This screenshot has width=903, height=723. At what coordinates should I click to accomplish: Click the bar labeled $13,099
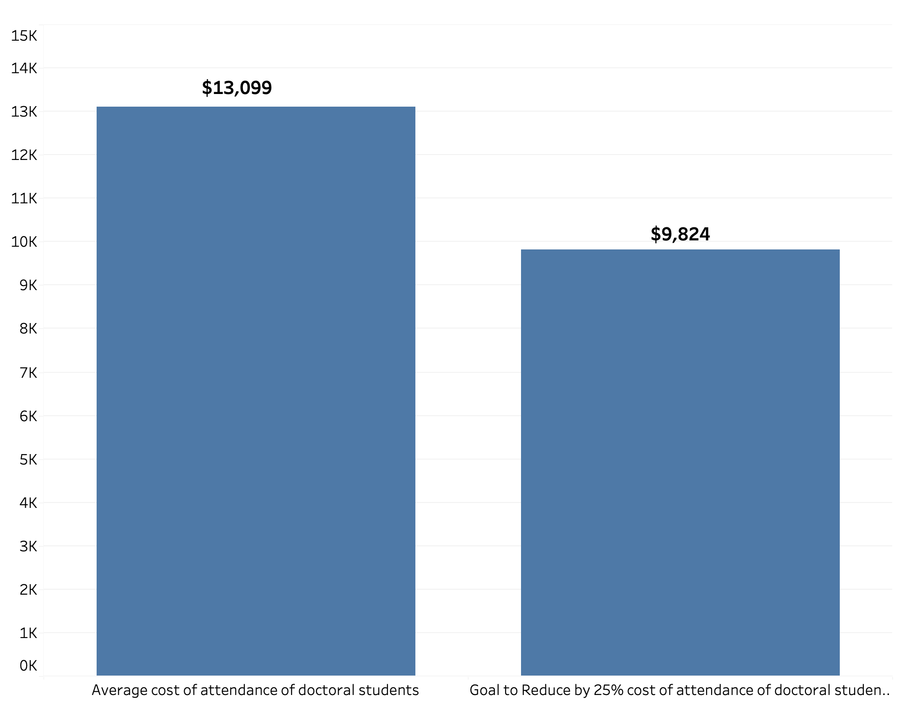tap(256, 391)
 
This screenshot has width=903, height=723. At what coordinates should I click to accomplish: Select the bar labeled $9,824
tap(680, 462)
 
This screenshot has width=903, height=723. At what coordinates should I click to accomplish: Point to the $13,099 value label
tap(237, 88)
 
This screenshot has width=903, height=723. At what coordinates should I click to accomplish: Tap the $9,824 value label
tap(680, 234)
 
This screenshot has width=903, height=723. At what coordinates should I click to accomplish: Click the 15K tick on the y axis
tap(24, 36)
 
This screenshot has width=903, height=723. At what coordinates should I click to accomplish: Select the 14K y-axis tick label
tap(24, 68)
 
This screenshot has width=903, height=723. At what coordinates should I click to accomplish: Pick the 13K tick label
tap(24, 112)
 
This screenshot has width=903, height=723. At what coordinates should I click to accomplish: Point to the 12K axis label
tap(24, 155)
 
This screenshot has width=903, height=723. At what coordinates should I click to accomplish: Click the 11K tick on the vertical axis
tap(24, 198)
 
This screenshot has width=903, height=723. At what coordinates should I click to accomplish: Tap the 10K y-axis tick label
tap(24, 242)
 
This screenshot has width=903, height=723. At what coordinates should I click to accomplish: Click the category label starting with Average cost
tap(256, 690)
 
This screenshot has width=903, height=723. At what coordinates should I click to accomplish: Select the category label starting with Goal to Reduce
tap(680, 690)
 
